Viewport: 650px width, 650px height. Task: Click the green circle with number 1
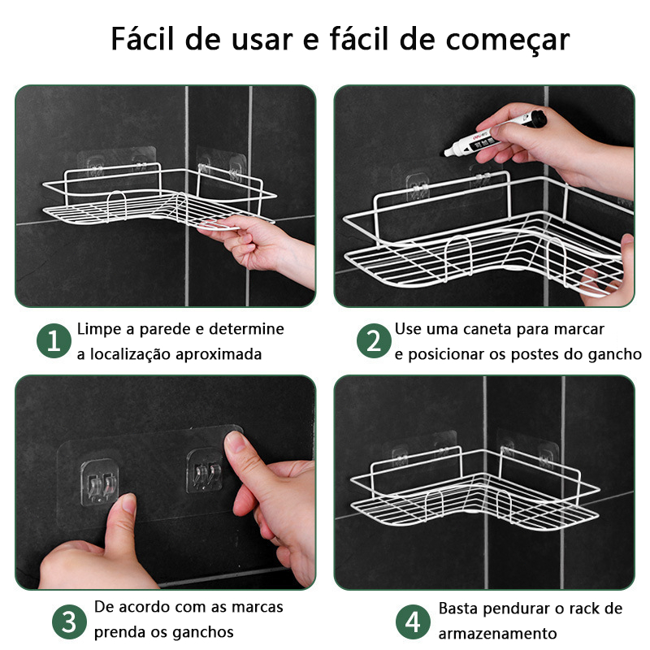click(x=54, y=340)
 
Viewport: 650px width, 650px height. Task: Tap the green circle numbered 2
click(x=374, y=340)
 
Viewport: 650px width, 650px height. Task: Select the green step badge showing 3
click(x=69, y=622)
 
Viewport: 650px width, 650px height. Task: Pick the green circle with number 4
click(x=413, y=622)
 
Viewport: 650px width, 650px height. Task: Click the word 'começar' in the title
click(x=507, y=40)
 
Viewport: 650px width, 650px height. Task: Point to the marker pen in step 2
click(x=496, y=134)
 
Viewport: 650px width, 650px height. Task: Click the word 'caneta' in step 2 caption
click(x=484, y=329)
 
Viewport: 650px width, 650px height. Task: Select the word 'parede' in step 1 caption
click(x=165, y=329)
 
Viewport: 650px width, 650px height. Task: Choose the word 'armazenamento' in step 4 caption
click(x=497, y=634)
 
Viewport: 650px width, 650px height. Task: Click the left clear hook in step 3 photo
click(x=99, y=482)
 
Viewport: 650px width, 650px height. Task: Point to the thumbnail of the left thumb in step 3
click(x=129, y=504)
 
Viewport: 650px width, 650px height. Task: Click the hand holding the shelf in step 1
click(x=257, y=248)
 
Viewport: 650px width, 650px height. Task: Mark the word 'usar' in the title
click(x=262, y=40)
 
